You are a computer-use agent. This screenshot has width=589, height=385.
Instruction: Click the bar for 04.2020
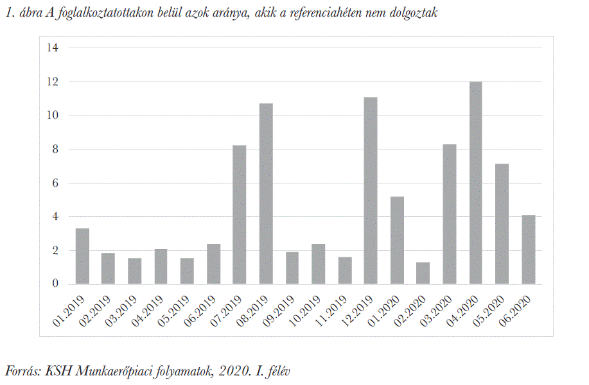pos(476,183)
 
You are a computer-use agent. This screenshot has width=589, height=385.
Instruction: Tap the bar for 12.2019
pos(371,191)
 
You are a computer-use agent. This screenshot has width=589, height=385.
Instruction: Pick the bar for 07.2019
pos(240,214)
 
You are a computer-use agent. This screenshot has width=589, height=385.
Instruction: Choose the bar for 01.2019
pos(82,256)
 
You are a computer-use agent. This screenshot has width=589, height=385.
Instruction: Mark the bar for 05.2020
pos(502,224)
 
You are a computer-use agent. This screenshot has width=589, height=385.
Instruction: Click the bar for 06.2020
pos(528,250)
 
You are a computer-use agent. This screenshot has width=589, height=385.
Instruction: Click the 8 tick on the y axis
pos(55,150)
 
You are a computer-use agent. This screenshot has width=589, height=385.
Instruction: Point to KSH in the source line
pos(58,371)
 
